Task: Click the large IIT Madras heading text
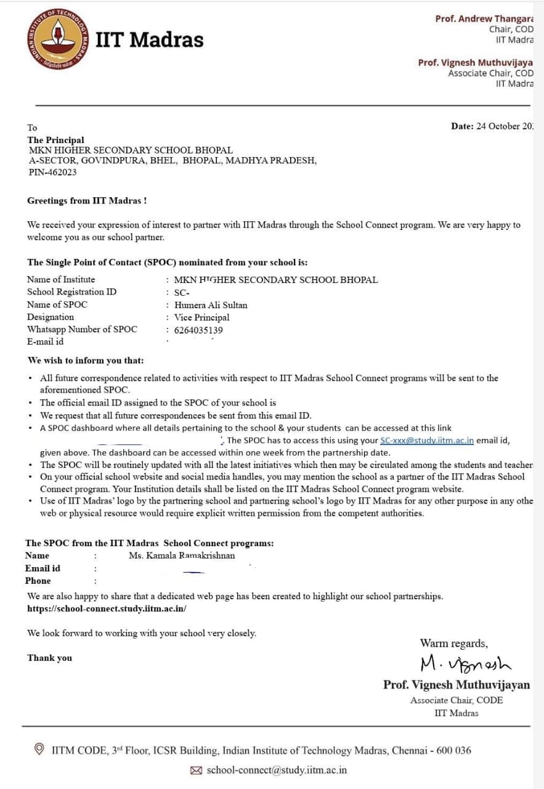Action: click(x=149, y=39)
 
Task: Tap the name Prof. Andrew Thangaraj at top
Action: click(x=484, y=18)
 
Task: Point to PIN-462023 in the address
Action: click(x=52, y=173)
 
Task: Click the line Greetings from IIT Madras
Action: click(x=87, y=201)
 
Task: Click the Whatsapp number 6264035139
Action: click(x=198, y=330)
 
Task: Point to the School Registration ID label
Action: click(x=71, y=292)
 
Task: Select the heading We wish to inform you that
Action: click(x=85, y=360)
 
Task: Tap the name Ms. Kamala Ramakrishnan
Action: click(x=181, y=555)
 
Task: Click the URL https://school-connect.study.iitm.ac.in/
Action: click(x=107, y=608)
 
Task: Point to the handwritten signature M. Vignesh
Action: click(x=465, y=663)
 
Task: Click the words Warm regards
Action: click(x=453, y=644)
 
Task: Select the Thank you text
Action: click(x=49, y=658)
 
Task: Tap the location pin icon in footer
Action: click(x=39, y=750)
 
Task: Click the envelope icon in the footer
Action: click(x=197, y=770)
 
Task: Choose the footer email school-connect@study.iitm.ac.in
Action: click(x=277, y=770)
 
